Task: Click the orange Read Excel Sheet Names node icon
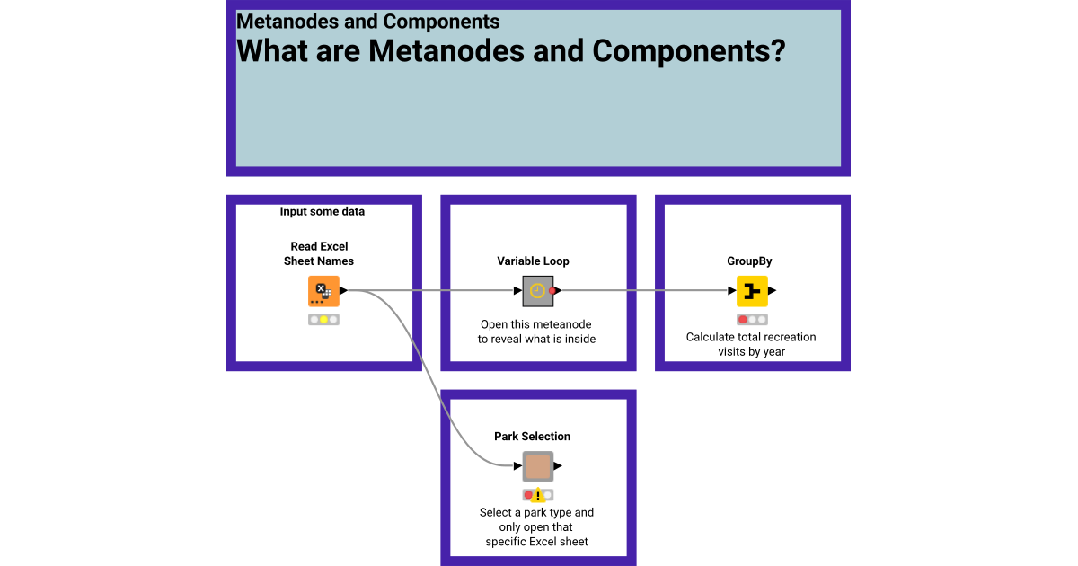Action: point(323,291)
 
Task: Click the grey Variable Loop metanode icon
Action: point(536,291)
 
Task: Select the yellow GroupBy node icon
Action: point(752,291)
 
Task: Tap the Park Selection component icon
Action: point(537,466)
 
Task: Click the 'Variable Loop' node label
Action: point(533,261)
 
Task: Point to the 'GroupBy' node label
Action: point(749,261)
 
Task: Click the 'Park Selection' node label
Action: point(532,437)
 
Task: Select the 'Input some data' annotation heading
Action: point(322,212)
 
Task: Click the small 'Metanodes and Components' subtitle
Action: point(368,22)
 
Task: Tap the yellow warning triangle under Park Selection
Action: point(538,495)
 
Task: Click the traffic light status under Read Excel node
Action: point(323,320)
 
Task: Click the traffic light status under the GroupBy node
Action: point(752,320)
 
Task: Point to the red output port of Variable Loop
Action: point(553,291)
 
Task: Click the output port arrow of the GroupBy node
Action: point(773,291)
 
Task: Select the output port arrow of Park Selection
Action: point(558,466)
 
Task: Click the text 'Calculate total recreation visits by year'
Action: point(751,344)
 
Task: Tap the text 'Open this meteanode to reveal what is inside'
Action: point(536,332)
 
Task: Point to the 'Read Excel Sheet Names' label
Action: point(319,253)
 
